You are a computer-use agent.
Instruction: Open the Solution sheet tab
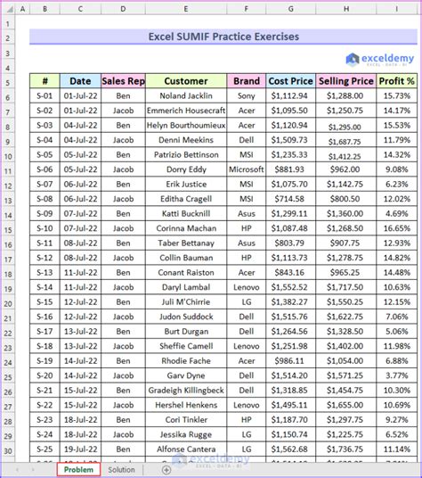121,469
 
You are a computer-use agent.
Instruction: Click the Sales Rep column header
123,80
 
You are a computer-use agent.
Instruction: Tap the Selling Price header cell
345,80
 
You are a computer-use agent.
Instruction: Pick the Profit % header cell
397,80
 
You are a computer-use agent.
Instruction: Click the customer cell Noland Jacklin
186,95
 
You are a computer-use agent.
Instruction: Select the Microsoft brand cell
247,169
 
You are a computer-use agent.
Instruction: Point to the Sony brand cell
247,95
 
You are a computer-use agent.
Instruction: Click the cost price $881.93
291,169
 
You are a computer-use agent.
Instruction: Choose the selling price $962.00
345,169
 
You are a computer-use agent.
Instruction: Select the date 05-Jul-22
80,169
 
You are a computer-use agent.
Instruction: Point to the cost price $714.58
291,198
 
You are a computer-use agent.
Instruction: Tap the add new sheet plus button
166,469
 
